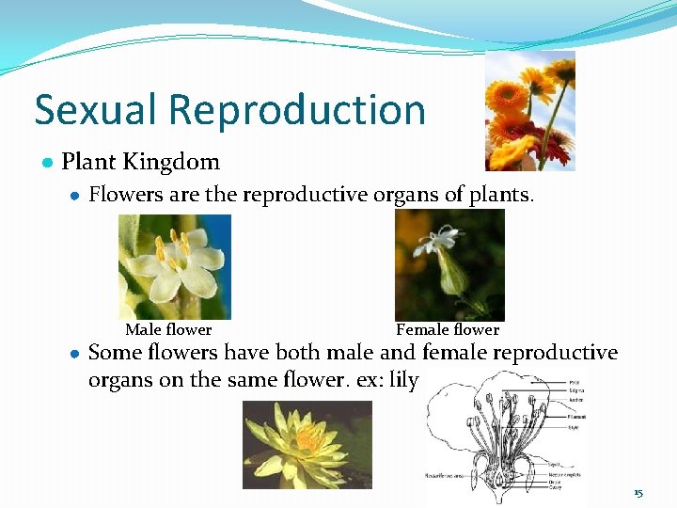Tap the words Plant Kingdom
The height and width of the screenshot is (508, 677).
pyautogui.click(x=140, y=162)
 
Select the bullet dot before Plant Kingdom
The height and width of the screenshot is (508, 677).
pyautogui.click(x=46, y=163)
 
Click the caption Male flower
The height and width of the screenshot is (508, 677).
pyautogui.click(x=168, y=329)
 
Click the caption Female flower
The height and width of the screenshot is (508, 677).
pyautogui.click(x=448, y=329)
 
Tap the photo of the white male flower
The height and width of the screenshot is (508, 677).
pyautogui.click(x=175, y=266)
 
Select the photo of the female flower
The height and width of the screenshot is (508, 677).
pyautogui.click(x=449, y=265)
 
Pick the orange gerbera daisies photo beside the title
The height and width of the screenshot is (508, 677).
pyautogui.click(x=529, y=111)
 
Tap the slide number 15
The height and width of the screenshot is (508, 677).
pyautogui.click(x=638, y=493)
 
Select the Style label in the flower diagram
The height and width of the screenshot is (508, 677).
pyautogui.click(x=575, y=428)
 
